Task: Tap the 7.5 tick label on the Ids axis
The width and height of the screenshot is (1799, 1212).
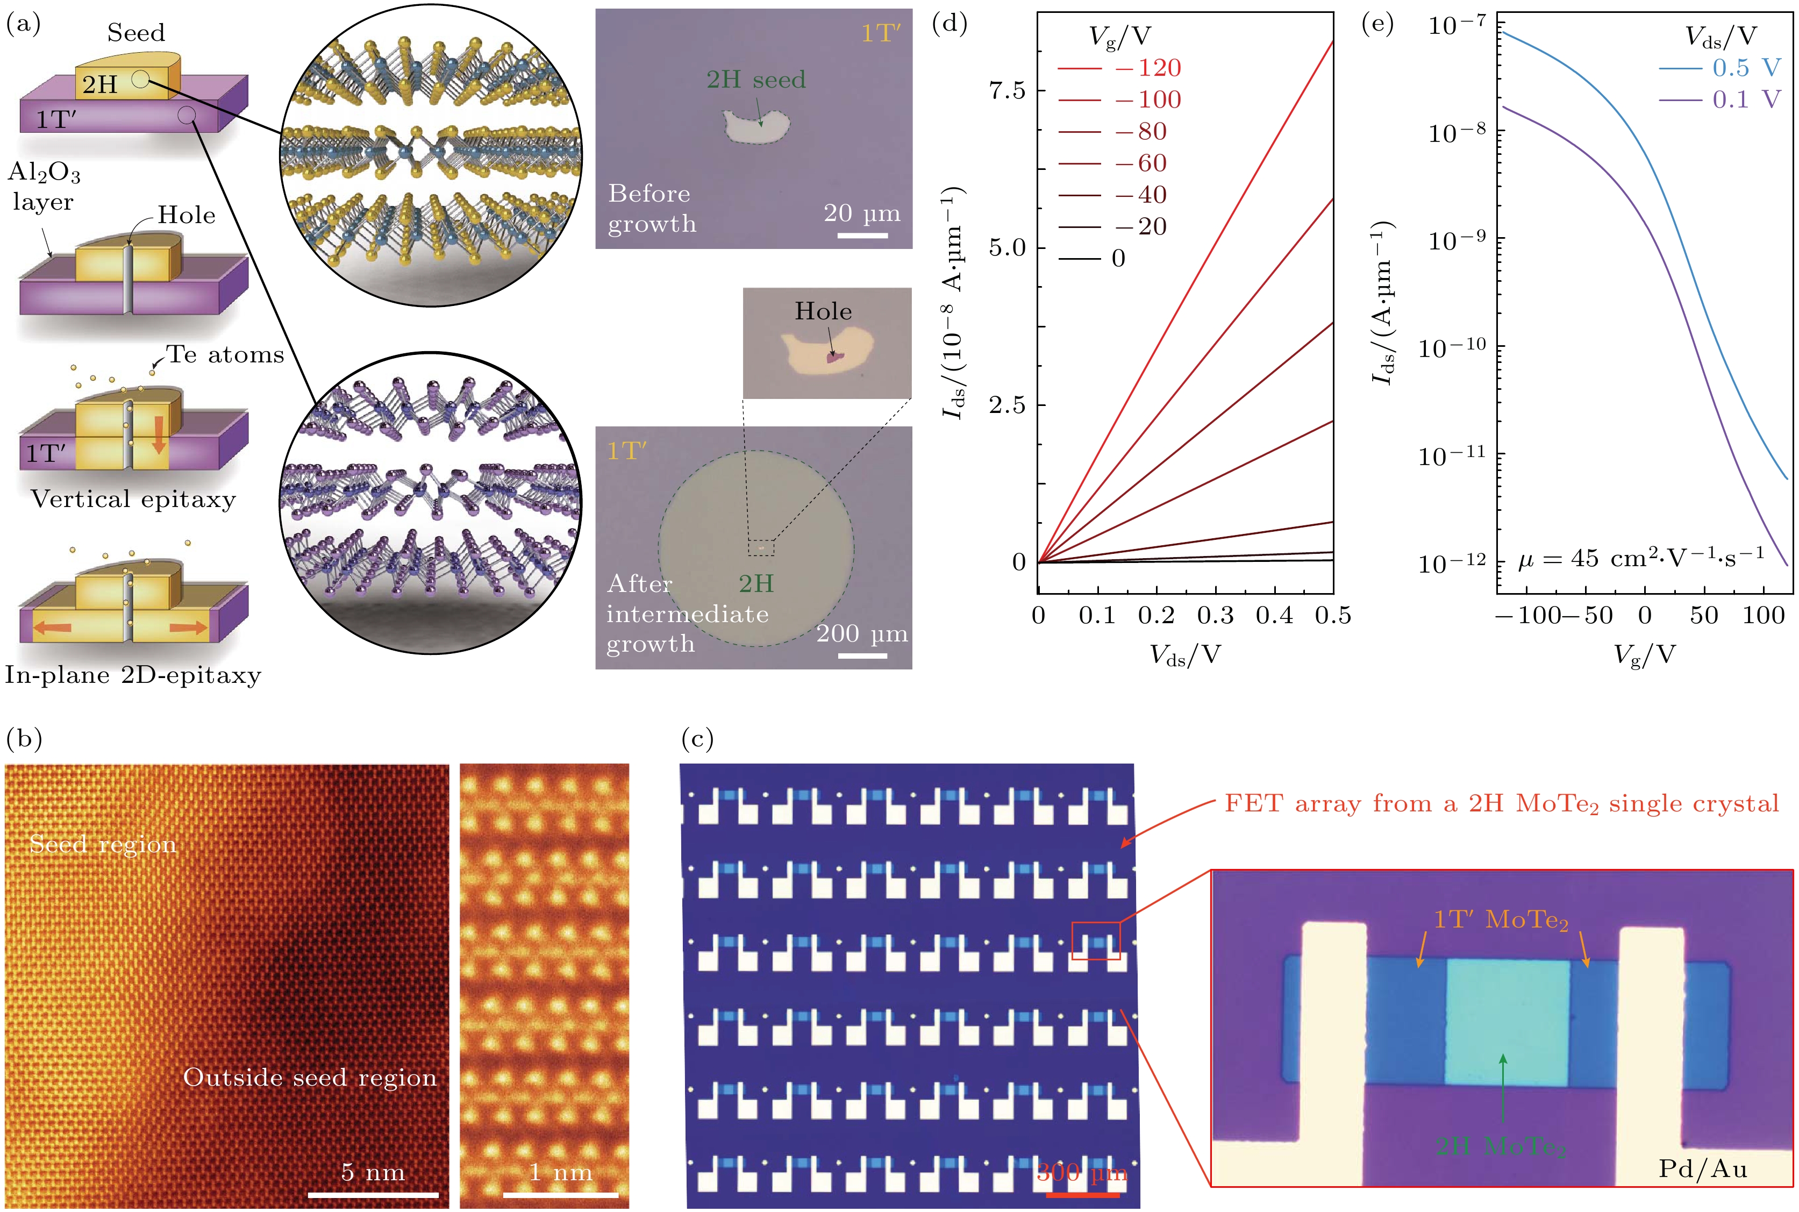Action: [x=1007, y=90]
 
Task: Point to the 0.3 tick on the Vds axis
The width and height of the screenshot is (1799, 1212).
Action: [x=1216, y=616]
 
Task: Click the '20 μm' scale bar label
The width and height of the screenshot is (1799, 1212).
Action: [x=862, y=213]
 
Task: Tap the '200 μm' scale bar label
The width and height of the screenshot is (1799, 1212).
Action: [x=862, y=634]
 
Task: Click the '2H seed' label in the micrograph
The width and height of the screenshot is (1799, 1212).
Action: [x=756, y=80]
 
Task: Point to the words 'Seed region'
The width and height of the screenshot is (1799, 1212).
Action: [x=103, y=844]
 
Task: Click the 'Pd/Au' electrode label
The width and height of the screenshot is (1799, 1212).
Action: [x=1702, y=1168]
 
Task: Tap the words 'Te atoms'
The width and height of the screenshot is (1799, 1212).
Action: [x=225, y=355]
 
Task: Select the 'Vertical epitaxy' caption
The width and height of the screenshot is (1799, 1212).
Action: [x=133, y=500]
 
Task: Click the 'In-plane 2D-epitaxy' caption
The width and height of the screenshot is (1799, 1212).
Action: [x=133, y=675]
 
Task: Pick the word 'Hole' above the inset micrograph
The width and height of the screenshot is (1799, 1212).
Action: [x=823, y=311]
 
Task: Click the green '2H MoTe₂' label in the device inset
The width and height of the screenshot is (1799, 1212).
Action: [x=1501, y=1145]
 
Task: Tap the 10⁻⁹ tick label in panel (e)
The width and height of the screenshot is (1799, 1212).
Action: [x=1457, y=240]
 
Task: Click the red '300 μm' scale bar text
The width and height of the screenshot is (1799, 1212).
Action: [x=1082, y=1173]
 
